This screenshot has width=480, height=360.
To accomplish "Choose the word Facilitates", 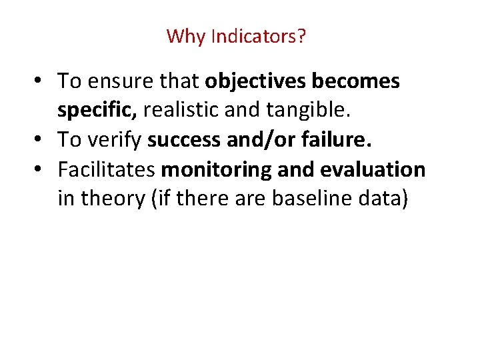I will [x=107, y=170].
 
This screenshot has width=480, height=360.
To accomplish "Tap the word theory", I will [x=108, y=199].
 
